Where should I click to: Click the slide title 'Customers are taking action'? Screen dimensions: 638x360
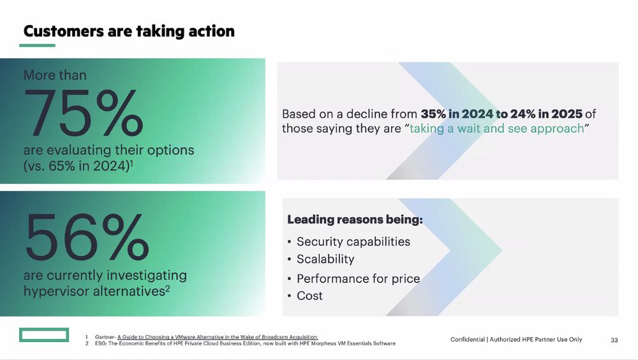129,31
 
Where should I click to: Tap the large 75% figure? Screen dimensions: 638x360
84,113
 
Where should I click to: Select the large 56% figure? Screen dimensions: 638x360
87,237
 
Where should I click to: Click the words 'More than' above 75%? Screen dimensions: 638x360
55,75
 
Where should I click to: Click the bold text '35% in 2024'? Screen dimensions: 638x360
457,114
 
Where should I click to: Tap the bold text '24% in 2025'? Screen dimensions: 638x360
547,114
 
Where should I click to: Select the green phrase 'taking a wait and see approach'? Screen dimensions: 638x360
497,129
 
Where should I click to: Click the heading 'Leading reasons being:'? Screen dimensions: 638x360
355,220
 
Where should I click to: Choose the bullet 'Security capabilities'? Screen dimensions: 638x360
353,241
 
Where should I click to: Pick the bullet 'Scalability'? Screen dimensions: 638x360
325,259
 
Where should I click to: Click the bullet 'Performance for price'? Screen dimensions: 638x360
358,278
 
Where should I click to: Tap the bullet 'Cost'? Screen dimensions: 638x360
309,296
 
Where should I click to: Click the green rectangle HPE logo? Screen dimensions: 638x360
44,334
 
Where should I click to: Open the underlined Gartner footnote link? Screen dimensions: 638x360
218,337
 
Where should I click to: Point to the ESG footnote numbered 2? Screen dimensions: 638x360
241,343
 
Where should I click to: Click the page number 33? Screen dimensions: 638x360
614,340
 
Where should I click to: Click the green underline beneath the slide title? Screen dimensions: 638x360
37,45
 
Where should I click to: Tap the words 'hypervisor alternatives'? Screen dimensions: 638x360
94,292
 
